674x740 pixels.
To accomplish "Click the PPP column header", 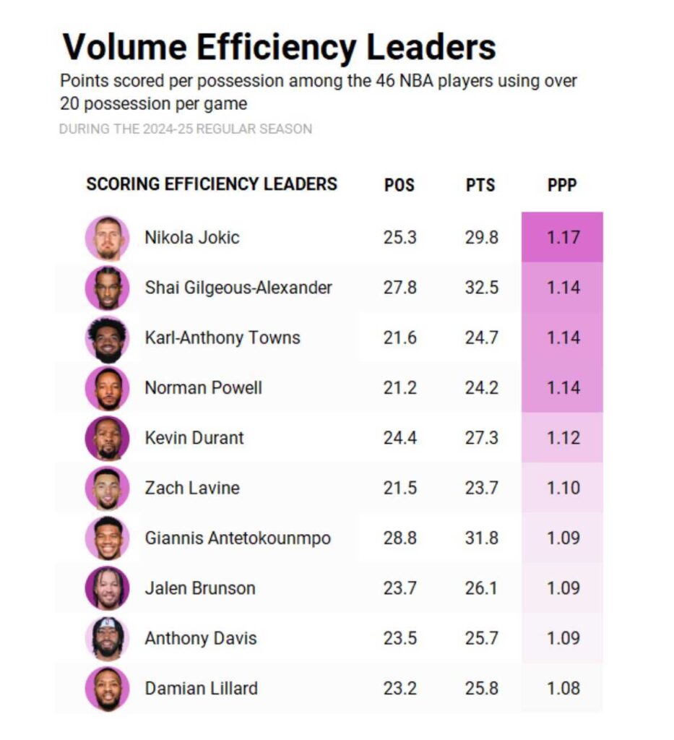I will pyautogui.click(x=561, y=185).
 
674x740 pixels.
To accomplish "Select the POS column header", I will pyautogui.click(x=399, y=185).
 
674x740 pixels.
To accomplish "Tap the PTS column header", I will pyautogui.click(x=480, y=185).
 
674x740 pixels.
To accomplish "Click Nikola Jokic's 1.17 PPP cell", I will pyautogui.click(x=562, y=237).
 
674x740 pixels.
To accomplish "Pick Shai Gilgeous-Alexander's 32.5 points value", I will pyautogui.click(x=481, y=288).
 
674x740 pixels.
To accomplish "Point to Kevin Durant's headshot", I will pyautogui.click(x=108, y=438).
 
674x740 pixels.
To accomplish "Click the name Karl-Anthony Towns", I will pyautogui.click(x=222, y=337).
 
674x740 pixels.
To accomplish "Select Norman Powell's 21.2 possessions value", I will pyautogui.click(x=399, y=388).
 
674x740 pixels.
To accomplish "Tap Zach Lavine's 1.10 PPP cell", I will pyautogui.click(x=562, y=488).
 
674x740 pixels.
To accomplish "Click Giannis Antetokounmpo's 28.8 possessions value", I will pyautogui.click(x=399, y=538).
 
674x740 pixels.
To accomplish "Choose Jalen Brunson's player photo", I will pyautogui.click(x=108, y=588).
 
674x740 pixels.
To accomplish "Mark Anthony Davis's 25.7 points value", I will pyautogui.click(x=481, y=638).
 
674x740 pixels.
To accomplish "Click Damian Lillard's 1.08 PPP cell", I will pyautogui.click(x=562, y=688).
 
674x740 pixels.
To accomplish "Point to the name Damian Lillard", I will pyautogui.click(x=201, y=688).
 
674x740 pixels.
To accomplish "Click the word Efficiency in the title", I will pyautogui.click(x=276, y=48).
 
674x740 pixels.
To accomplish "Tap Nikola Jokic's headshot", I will pyautogui.click(x=108, y=238).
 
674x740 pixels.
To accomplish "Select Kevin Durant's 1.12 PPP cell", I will pyautogui.click(x=562, y=438).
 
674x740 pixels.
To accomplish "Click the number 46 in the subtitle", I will pyautogui.click(x=384, y=80).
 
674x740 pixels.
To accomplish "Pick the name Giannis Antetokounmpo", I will pyautogui.click(x=238, y=538).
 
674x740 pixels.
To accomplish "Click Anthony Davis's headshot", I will pyautogui.click(x=108, y=638).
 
